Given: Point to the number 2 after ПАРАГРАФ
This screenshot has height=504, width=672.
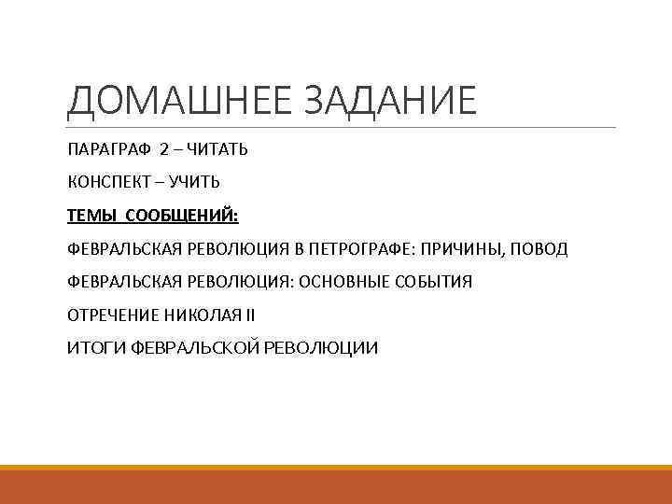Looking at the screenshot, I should [x=163, y=149].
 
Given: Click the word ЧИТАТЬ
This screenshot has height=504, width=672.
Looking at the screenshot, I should [x=217, y=149].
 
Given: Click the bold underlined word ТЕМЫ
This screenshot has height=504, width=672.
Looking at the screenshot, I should [x=91, y=217].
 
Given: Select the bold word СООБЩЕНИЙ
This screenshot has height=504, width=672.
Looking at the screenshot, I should [x=189, y=217].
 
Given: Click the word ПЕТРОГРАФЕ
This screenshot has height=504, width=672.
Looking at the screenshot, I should [x=365, y=249].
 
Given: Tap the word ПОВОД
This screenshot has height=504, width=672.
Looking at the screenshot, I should [x=540, y=249].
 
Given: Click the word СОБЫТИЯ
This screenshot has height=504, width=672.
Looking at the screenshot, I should [x=435, y=282].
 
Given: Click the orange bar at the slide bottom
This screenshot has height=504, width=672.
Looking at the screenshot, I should [x=336, y=484].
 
